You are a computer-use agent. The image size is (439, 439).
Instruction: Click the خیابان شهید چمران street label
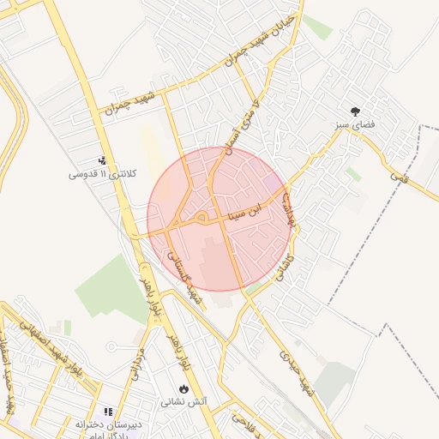point(260,39)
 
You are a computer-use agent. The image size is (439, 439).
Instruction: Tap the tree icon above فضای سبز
point(355,111)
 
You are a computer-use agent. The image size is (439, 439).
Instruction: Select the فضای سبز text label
point(355,125)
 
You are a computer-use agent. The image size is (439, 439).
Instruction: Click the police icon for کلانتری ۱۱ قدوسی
point(102,159)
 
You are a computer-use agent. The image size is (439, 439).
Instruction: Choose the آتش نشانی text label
point(183,401)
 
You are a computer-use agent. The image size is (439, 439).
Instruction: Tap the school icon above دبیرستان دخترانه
point(108,412)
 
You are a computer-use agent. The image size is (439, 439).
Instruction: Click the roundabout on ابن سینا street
point(200,218)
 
